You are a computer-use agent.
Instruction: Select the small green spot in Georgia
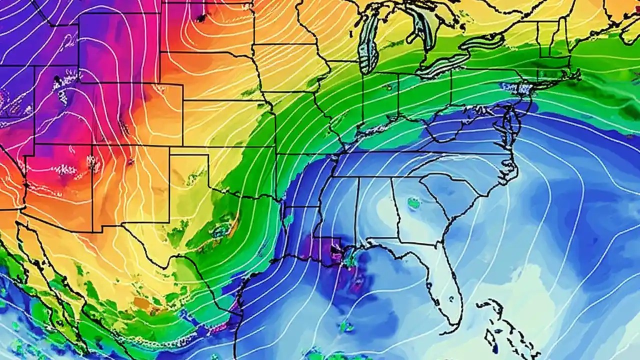pos(413,202)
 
